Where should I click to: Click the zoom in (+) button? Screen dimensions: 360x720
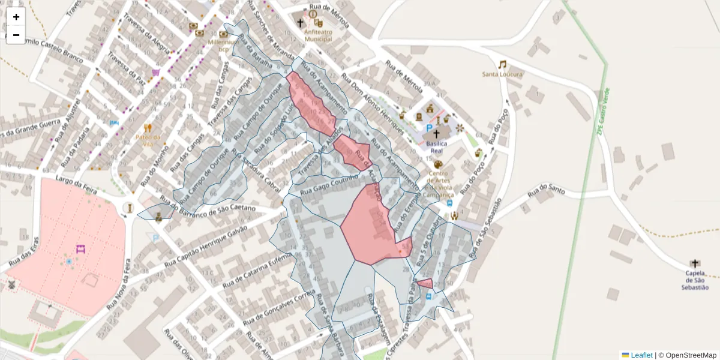tap(16, 17)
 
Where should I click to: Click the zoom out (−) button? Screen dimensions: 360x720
tap(16, 35)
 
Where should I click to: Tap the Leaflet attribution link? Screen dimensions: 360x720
tap(641, 355)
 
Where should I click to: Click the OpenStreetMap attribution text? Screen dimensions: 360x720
tap(691, 355)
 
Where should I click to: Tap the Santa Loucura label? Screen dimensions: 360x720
tap(502, 74)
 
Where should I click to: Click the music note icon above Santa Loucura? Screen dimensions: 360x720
tap(502, 64)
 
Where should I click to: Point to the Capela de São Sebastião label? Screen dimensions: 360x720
tap(695, 280)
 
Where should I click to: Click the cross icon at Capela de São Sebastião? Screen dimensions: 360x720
tap(695, 263)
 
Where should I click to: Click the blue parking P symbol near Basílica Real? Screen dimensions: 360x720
tap(430, 128)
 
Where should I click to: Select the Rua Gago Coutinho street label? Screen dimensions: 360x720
tap(329, 184)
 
